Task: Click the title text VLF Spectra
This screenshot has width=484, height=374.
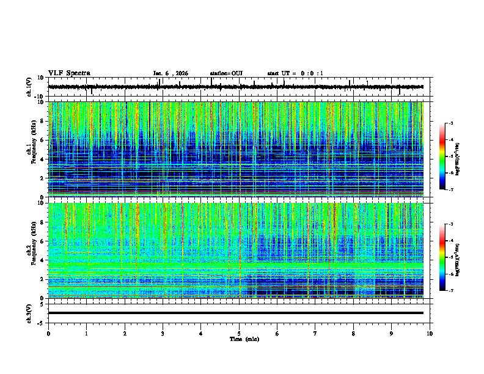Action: [69, 73]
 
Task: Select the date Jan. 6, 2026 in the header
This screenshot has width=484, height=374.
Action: [170, 73]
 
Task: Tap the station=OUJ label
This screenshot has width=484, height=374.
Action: [226, 73]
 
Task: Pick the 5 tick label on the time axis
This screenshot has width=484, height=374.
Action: [239, 334]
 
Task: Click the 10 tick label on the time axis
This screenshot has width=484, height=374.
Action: [430, 334]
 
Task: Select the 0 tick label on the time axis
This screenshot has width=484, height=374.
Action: [48, 334]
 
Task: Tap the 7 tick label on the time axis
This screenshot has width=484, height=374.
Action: [315, 334]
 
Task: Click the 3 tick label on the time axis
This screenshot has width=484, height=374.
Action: [163, 334]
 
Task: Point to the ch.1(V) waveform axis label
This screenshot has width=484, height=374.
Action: [29, 87]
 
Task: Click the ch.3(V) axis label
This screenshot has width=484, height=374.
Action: [29, 312]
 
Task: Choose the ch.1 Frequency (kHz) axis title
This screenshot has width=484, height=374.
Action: [32, 149]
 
